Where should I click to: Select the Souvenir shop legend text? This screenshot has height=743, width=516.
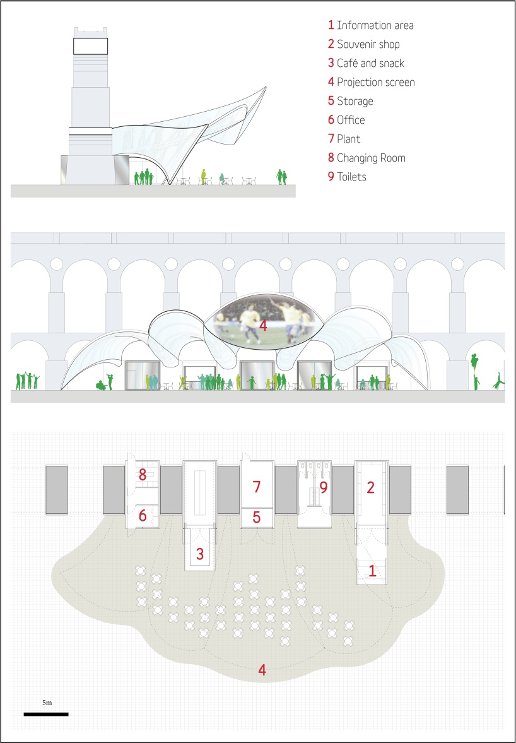tap(368, 44)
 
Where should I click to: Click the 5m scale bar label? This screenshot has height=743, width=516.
tap(47, 702)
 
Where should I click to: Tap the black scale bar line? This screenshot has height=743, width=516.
tap(46, 714)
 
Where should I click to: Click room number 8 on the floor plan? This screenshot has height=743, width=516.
tap(143, 474)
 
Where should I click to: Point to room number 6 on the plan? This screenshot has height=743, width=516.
tap(143, 516)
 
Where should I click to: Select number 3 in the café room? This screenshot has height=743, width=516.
tap(200, 554)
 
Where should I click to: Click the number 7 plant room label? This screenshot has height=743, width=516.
tap(257, 487)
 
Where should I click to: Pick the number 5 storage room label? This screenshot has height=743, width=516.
tap(257, 517)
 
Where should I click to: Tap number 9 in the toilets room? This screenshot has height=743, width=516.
tap(324, 487)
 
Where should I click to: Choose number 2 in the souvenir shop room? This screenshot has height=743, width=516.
tap(371, 487)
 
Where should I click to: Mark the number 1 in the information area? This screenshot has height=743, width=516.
tap(372, 573)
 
